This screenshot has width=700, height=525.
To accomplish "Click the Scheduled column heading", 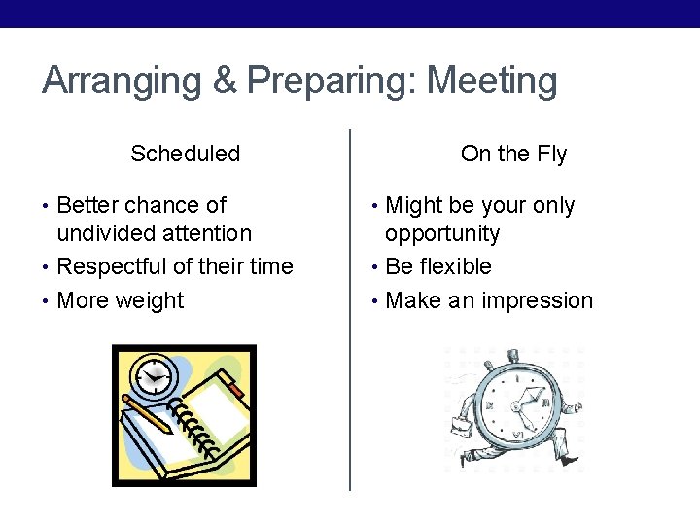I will pos(185,154).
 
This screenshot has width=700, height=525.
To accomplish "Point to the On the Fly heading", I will pos(513,154).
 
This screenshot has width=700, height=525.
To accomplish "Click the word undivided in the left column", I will pos(107,233).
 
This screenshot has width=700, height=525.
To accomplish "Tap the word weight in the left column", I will pos(149,300).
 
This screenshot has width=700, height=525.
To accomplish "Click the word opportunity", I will pos(442,234).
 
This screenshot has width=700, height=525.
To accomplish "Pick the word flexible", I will pos(455,266).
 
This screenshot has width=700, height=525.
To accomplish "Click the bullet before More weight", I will pos(47,300).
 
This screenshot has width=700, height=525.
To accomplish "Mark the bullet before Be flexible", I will pos(375,266).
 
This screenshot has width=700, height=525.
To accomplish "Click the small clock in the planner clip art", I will pos(154,374).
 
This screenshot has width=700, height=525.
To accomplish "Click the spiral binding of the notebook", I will pos(192,428).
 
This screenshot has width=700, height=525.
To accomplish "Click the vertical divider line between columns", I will pos(350,311).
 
